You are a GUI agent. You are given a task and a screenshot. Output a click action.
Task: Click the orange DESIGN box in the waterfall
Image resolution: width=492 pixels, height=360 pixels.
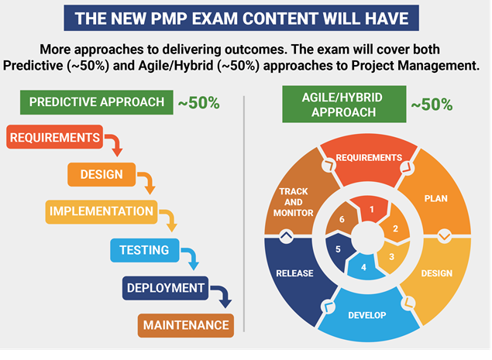(x=101, y=174)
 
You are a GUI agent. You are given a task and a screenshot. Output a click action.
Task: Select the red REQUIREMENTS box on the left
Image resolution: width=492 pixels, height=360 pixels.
(x=54, y=137)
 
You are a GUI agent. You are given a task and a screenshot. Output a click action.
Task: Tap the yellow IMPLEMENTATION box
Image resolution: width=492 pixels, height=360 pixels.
(x=101, y=211)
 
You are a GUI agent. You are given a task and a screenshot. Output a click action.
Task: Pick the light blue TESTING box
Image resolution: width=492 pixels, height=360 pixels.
(x=145, y=250)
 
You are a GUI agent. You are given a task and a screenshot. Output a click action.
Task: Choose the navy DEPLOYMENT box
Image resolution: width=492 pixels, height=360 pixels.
(x=165, y=288)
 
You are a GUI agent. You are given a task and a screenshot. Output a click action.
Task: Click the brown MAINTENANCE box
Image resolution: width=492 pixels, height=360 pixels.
(x=186, y=325)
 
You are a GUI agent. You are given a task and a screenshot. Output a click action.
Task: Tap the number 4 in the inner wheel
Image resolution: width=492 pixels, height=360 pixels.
(x=363, y=267)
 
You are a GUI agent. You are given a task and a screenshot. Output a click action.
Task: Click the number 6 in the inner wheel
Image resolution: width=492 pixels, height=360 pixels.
(x=342, y=219)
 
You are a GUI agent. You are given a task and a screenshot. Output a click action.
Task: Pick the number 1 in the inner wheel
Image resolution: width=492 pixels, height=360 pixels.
(x=372, y=209)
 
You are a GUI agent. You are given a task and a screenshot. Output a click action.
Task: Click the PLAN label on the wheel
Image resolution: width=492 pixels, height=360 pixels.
(x=436, y=198)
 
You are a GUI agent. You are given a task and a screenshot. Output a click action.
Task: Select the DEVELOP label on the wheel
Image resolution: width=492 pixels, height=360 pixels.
(x=367, y=315)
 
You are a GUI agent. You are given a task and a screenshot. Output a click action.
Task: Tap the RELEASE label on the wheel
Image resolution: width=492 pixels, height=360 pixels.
(x=294, y=273)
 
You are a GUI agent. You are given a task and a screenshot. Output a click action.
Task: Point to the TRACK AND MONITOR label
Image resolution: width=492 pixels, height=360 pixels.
(x=294, y=202)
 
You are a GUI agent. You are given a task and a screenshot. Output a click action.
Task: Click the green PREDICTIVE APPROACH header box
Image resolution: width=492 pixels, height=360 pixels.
(x=97, y=102)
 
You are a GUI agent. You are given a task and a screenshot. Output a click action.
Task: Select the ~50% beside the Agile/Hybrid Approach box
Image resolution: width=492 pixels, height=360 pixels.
(x=432, y=105)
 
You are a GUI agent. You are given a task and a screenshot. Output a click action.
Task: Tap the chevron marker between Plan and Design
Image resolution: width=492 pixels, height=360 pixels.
(x=444, y=236)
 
